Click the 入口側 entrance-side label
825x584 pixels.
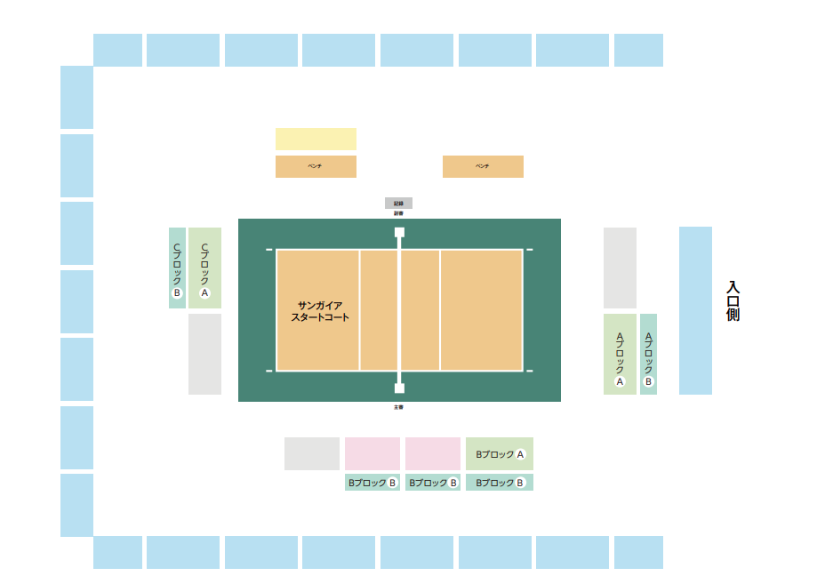(x=733, y=301)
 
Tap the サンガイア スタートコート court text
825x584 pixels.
(x=320, y=311)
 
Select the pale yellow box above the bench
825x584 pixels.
(x=316, y=139)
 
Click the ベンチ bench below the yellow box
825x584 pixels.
(x=316, y=166)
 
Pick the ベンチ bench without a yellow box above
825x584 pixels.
(x=483, y=166)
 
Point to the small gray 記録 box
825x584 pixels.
(x=398, y=204)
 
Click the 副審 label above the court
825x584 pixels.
(x=398, y=213)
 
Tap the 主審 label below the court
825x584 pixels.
(x=398, y=407)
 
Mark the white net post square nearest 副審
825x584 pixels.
(x=399, y=232)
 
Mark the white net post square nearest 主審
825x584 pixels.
(x=399, y=388)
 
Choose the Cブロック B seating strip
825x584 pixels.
(x=177, y=268)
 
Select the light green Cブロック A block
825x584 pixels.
(x=204, y=268)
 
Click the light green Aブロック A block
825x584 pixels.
(x=620, y=354)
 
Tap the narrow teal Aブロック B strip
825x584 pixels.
(x=648, y=354)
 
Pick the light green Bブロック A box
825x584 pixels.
(x=499, y=453)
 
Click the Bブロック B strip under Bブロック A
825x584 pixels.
(x=499, y=483)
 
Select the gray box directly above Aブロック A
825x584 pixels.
(x=620, y=268)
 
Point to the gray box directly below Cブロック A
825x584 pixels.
(x=204, y=354)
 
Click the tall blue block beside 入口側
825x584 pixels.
(x=695, y=310)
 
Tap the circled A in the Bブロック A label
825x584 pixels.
(x=521, y=454)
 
